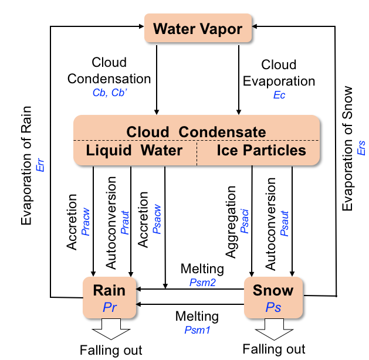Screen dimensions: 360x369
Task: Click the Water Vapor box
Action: click(x=199, y=28)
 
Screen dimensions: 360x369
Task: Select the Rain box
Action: click(x=110, y=296)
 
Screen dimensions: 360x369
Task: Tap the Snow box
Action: click(x=273, y=296)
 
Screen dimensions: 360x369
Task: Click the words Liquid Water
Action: click(x=134, y=151)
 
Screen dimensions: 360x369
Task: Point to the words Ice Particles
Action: click(x=262, y=151)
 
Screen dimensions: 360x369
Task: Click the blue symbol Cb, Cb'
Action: click(x=110, y=93)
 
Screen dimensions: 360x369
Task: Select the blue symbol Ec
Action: click(x=279, y=94)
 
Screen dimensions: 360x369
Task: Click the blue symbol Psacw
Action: click(x=156, y=223)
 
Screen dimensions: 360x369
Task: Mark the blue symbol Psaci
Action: click(x=245, y=226)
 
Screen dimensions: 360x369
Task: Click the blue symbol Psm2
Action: click(x=202, y=282)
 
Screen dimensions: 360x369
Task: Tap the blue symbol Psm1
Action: click(x=197, y=330)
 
